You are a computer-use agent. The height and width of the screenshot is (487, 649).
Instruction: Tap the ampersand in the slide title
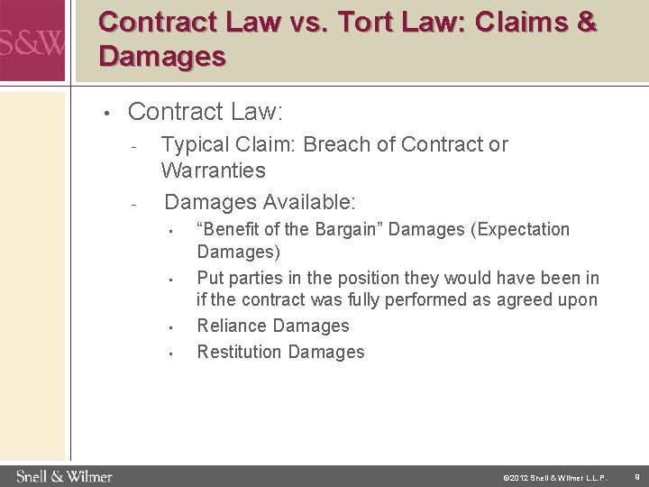tap(584, 22)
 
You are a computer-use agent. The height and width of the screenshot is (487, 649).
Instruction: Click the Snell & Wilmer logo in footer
tap(63, 474)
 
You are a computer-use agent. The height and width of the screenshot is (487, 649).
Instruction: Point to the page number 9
tap(636, 474)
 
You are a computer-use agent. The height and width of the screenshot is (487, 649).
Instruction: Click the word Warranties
tap(214, 170)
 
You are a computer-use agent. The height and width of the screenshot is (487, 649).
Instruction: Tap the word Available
tap(306, 199)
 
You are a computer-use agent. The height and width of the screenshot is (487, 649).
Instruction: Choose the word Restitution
tap(240, 352)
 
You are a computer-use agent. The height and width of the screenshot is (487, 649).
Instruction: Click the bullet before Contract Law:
tap(105, 114)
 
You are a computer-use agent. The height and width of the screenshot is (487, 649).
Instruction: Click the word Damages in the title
tap(162, 58)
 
